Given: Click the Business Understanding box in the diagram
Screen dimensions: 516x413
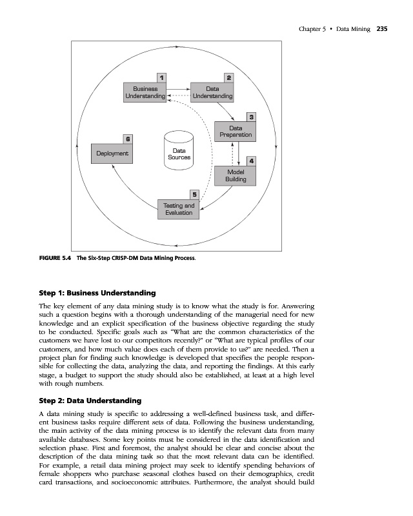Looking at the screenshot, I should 145,92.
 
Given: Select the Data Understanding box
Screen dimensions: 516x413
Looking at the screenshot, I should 212,92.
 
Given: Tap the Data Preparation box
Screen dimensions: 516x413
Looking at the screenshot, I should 236,132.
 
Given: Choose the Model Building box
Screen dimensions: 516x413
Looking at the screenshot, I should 236,175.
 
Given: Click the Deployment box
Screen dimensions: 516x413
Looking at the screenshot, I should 112,154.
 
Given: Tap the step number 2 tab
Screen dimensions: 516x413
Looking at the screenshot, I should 230,78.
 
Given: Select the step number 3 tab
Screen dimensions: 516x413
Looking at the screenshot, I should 252,117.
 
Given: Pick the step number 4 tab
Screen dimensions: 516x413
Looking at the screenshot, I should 251,160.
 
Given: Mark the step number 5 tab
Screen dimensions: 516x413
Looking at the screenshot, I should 194,194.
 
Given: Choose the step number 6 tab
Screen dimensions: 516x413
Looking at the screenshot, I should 128,139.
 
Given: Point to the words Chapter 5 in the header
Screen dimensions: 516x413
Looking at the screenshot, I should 314,28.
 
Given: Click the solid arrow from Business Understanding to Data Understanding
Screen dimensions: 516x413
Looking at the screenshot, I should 179,86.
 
